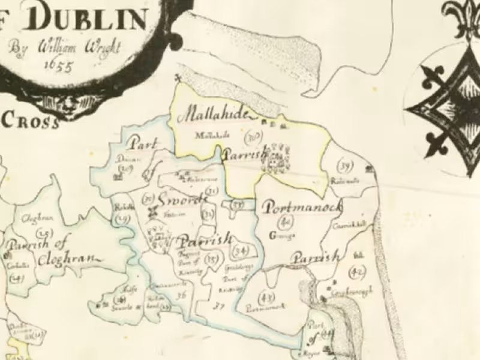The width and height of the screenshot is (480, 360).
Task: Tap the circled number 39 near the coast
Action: (344, 165)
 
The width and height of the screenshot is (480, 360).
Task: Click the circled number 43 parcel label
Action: (264, 296)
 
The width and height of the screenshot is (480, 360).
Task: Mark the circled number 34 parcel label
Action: (242, 250)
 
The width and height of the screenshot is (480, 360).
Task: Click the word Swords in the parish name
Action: (180, 200)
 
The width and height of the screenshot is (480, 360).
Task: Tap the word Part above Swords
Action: (140, 144)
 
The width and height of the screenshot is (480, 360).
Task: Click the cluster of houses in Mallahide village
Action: (277, 157)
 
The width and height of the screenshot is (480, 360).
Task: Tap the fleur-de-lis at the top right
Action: (463, 18)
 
